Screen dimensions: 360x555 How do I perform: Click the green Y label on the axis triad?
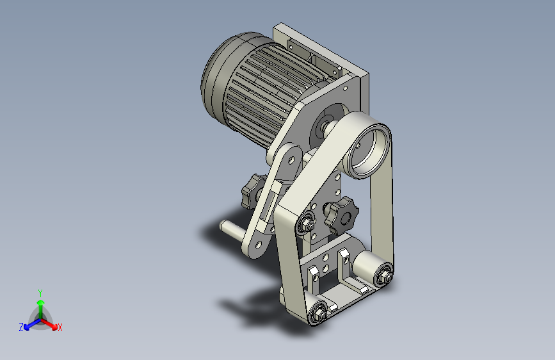[40, 292]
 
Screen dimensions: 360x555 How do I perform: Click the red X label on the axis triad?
[60, 328]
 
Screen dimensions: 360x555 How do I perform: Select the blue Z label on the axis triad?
[21, 327]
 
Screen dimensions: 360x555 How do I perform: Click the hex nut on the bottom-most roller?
[318, 313]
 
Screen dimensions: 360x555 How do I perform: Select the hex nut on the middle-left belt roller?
[305, 222]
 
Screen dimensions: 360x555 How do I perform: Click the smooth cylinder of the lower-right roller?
[367, 263]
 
